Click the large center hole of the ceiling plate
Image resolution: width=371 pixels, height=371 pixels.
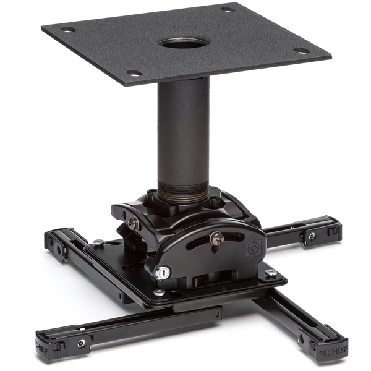click(184, 43)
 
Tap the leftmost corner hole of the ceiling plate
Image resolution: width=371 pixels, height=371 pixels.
click(69, 30)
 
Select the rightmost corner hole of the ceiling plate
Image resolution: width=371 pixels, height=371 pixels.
click(302, 51)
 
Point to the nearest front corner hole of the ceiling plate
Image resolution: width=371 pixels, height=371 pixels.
click(134, 73)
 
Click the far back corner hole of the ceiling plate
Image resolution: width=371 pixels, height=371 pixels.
click(228, 10)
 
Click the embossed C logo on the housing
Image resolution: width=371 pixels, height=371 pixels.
click(254, 248)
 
